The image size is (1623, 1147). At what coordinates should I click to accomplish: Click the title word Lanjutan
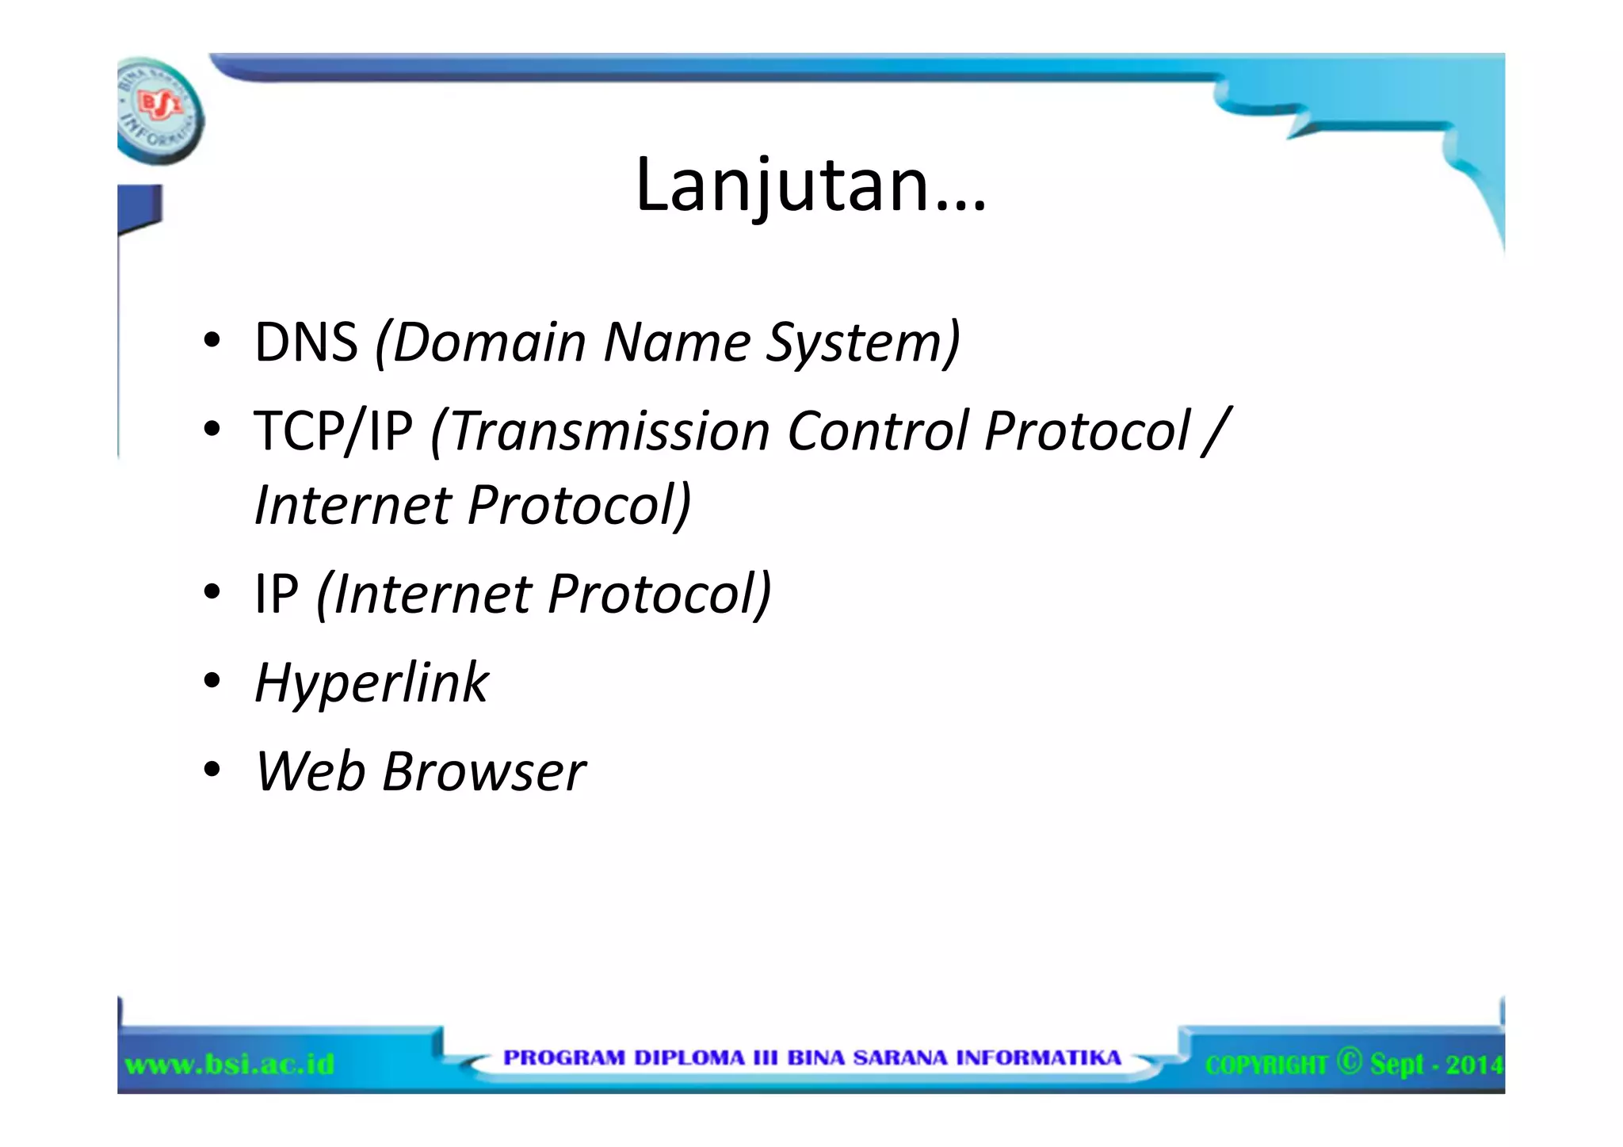click(x=810, y=185)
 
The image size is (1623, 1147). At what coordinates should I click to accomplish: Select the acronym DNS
click(x=306, y=342)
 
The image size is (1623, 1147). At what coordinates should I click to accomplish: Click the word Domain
click(x=489, y=342)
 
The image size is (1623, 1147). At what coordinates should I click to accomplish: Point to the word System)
click(x=863, y=342)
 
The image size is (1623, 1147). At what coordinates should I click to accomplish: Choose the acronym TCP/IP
click(x=333, y=431)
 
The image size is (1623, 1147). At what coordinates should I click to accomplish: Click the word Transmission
click(x=610, y=431)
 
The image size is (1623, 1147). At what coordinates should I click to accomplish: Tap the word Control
click(x=878, y=431)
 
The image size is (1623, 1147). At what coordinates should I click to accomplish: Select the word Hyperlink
click(x=372, y=682)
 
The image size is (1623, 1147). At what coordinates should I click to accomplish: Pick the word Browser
click(x=483, y=771)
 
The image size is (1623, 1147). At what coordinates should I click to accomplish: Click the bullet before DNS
click(x=211, y=342)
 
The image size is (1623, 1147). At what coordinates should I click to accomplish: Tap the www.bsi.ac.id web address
click(x=230, y=1064)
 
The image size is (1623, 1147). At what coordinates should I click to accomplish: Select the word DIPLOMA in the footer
click(x=689, y=1058)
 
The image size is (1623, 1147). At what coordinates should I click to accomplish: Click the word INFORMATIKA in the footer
click(x=1038, y=1058)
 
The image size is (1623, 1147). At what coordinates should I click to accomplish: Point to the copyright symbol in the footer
click(x=1349, y=1061)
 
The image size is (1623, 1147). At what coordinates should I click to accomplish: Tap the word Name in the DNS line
click(x=677, y=342)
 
